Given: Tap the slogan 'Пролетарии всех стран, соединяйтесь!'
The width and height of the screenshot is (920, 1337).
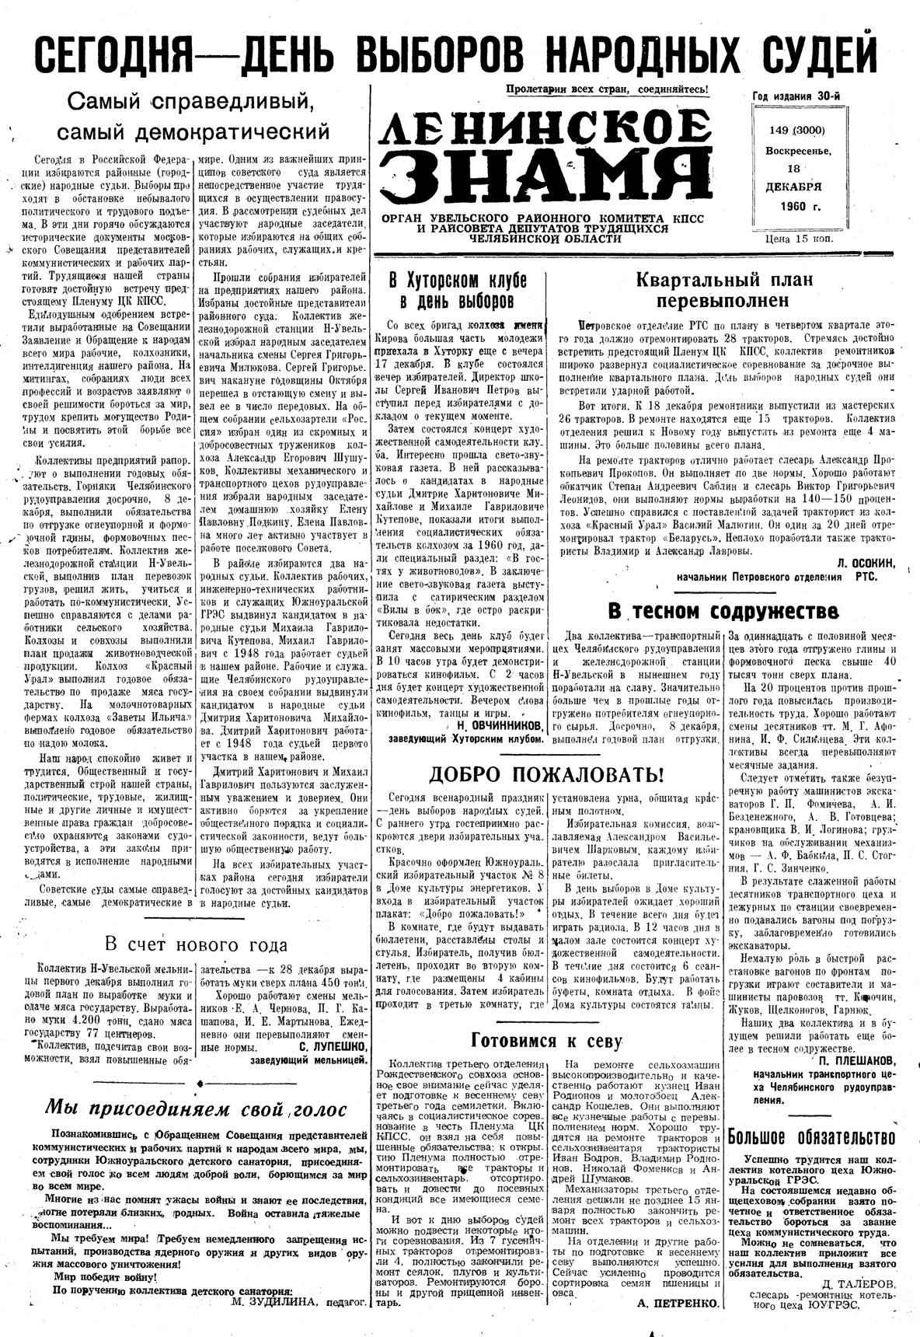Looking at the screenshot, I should (x=607, y=89).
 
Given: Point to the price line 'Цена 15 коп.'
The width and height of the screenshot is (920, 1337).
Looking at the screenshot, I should (x=800, y=239).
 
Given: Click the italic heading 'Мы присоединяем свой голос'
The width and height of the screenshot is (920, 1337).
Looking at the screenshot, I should (x=196, y=1108).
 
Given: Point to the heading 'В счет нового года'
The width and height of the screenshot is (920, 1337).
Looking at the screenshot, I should (x=196, y=945).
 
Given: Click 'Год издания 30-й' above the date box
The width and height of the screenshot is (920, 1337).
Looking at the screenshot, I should (x=797, y=96).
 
